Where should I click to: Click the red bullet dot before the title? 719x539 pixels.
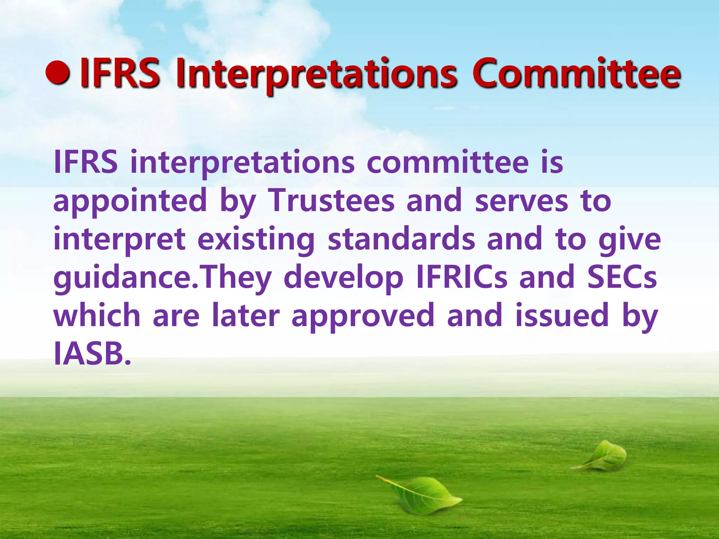tap(58, 73)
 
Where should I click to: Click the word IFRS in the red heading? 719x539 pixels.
tap(119, 74)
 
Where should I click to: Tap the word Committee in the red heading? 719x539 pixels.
tap(576, 74)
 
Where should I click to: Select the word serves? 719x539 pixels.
tap(521, 201)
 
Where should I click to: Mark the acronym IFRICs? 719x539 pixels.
tap(461, 277)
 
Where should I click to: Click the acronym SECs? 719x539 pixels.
tap(622, 277)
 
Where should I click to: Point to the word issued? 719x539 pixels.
tap(562, 315)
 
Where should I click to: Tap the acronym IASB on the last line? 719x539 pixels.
tap(92, 353)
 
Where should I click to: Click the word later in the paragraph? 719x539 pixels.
tap(246, 315)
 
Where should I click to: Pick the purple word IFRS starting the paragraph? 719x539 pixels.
tap(86, 162)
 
